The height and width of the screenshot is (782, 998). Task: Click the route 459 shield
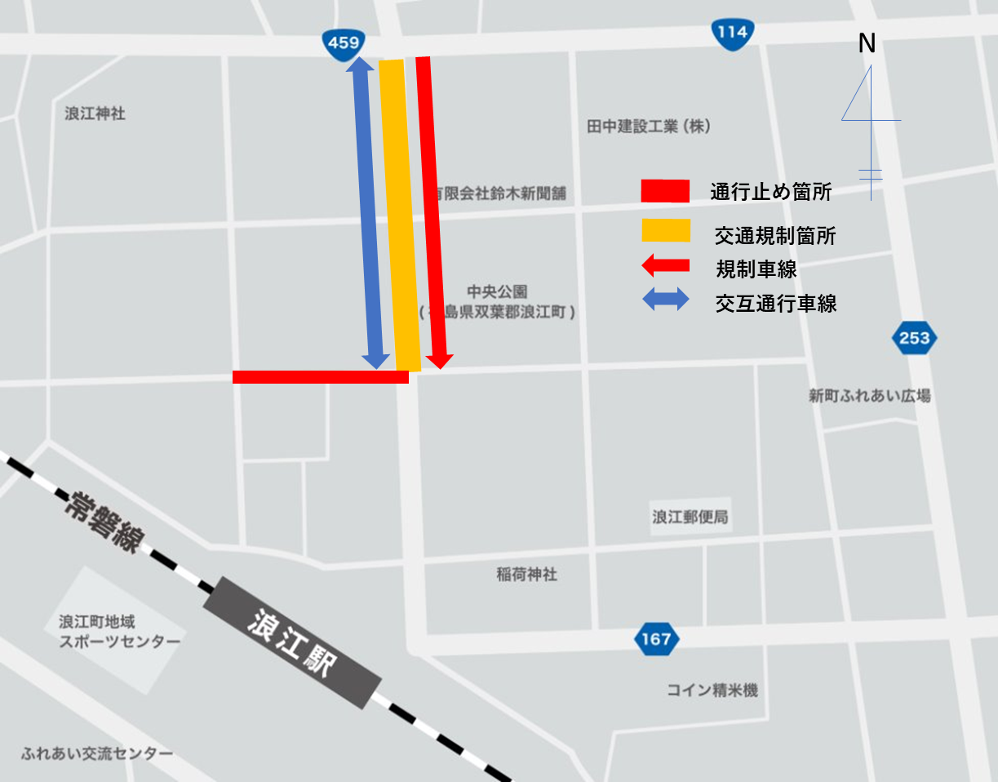point(344,42)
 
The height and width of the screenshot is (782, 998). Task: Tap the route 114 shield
point(732,33)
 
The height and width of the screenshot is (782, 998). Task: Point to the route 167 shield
point(656,638)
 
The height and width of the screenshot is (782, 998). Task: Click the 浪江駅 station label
point(292,642)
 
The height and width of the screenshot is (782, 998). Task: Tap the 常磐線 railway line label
point(104,522)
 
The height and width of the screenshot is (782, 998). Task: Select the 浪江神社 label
point(95,113)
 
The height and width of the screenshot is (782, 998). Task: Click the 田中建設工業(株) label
point(649,127)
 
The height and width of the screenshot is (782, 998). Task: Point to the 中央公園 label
point(498,291)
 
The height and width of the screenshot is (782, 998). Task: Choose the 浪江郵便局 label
point(690,517)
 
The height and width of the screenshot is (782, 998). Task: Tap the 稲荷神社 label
point(526,575)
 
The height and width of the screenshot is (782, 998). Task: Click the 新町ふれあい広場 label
point(869,396)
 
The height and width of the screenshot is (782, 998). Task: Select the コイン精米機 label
point(712,691)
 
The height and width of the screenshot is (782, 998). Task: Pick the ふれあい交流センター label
point(98,753)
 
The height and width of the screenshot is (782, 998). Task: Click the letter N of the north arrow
point(867,44)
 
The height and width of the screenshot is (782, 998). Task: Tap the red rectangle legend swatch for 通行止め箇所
point(665,191)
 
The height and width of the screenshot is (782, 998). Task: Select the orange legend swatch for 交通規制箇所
point(666,231)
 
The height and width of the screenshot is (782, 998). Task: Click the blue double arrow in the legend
point(666,300)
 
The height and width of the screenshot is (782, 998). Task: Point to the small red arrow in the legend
point(665,265)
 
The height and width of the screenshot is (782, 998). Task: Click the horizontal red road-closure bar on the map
point(320,376)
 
